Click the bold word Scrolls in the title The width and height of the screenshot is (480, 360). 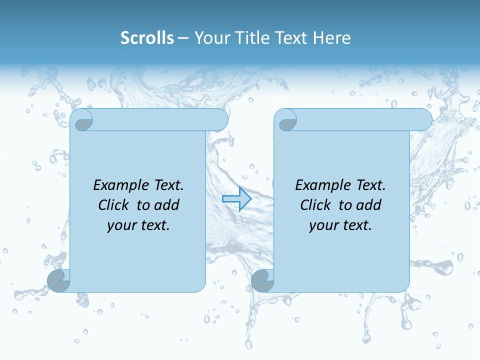[x=147, y=38]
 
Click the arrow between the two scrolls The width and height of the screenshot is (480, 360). [x=236, y=199]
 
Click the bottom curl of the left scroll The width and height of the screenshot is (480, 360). [x=58, y=280]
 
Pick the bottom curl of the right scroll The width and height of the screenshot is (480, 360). [x=262, y=280]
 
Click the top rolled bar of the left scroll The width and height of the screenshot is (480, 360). [x=160, y=120]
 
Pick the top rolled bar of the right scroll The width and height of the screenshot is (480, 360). [x=364, y=120]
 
